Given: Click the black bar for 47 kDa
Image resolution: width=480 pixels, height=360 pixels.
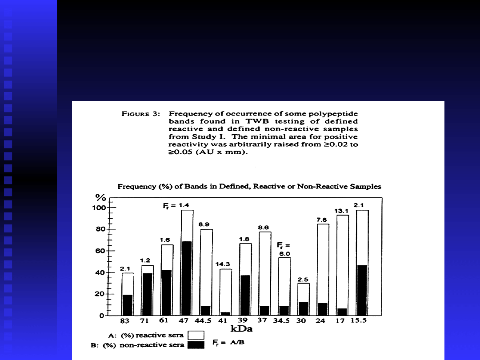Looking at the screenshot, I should click(187, 278).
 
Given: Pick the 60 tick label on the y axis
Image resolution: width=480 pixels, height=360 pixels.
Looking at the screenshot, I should click(100, 251).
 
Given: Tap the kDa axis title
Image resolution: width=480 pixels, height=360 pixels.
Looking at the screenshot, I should click(241, 329).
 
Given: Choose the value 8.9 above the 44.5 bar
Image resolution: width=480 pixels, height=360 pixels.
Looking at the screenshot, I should click(204, 225).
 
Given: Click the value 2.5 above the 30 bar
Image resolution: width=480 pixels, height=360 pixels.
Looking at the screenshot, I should click(303, 279).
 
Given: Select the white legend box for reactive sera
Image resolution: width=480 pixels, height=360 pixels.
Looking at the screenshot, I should click(196, 335).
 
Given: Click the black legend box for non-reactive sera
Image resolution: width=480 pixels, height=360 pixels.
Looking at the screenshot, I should click(196, 344).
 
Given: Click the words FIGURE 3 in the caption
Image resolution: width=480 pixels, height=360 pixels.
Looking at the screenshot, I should click(140, 113).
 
